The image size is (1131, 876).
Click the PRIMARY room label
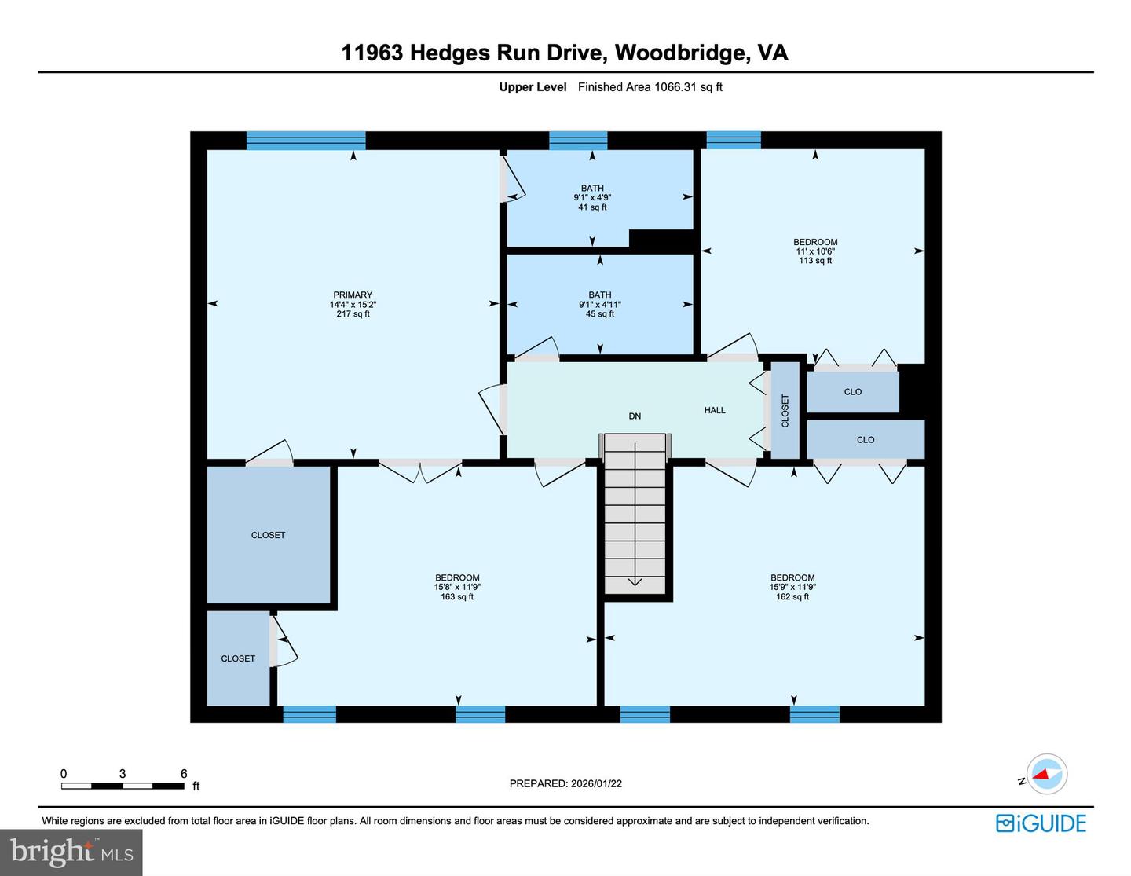point(353,295)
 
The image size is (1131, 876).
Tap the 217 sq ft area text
point(353,314)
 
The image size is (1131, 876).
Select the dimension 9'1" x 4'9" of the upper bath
point(592,198)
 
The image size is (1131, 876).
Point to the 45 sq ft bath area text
point(600,314)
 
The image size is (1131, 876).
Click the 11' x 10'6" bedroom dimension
point(815,251)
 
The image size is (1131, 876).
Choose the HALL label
point(715,410)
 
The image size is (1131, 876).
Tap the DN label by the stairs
point(635,416)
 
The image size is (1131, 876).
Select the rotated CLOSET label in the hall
point(785,411)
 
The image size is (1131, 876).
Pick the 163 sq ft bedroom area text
point(457,597)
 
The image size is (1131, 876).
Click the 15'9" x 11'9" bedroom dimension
point(792,587)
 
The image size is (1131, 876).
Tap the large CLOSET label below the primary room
point(268,535)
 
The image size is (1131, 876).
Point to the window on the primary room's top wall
point(306,141)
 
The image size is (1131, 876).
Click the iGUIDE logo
point(1041,823)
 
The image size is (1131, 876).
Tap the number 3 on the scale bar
point(123,774)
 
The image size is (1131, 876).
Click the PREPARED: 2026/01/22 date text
point(565,783)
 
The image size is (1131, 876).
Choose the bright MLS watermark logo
point(71,852)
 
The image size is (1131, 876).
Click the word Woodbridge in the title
point(680,53)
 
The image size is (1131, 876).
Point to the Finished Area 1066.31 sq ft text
point(650,87)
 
